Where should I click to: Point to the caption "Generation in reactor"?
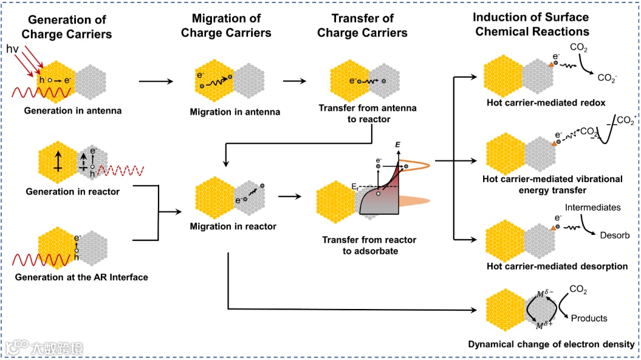coord(72,192)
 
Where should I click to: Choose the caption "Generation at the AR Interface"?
coord(81,277)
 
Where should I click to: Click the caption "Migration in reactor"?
coord(233,226)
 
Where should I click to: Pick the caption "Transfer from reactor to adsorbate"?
coord(369,246)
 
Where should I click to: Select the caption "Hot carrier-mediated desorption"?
coord(556,266)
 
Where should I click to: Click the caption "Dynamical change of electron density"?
coord(551,344)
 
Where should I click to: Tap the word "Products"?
coord(589,318)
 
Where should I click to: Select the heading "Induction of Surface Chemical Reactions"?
coord(532,26)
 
